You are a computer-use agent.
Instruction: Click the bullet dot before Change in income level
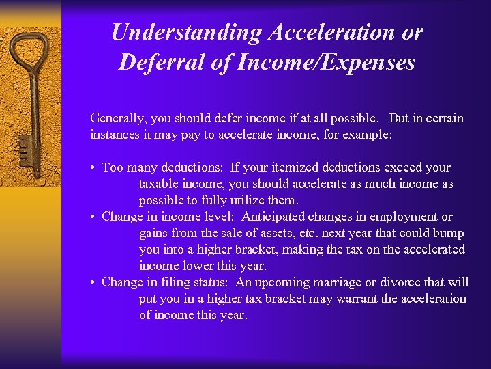[93, 217]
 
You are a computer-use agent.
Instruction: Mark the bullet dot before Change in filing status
[93, 283]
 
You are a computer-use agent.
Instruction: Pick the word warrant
[357, 299]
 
